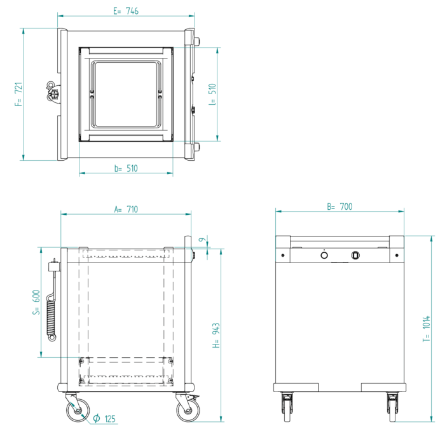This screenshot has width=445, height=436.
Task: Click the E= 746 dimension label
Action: coord(126,11)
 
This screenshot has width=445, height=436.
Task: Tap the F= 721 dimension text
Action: coord(18,95)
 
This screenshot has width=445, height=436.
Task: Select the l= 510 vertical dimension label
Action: coord(212,95)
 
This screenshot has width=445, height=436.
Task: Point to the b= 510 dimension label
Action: coord(126,168)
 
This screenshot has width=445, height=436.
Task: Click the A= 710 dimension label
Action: coord(126,209)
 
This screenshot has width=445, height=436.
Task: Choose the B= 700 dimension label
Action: coord(339,207)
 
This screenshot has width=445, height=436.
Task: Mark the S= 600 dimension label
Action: coord(36,303)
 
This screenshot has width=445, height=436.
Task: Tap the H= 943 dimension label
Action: coord(216,336)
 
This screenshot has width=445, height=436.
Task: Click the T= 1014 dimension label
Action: coord(427,329)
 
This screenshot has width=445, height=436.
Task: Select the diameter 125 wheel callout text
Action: coord(104,419)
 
